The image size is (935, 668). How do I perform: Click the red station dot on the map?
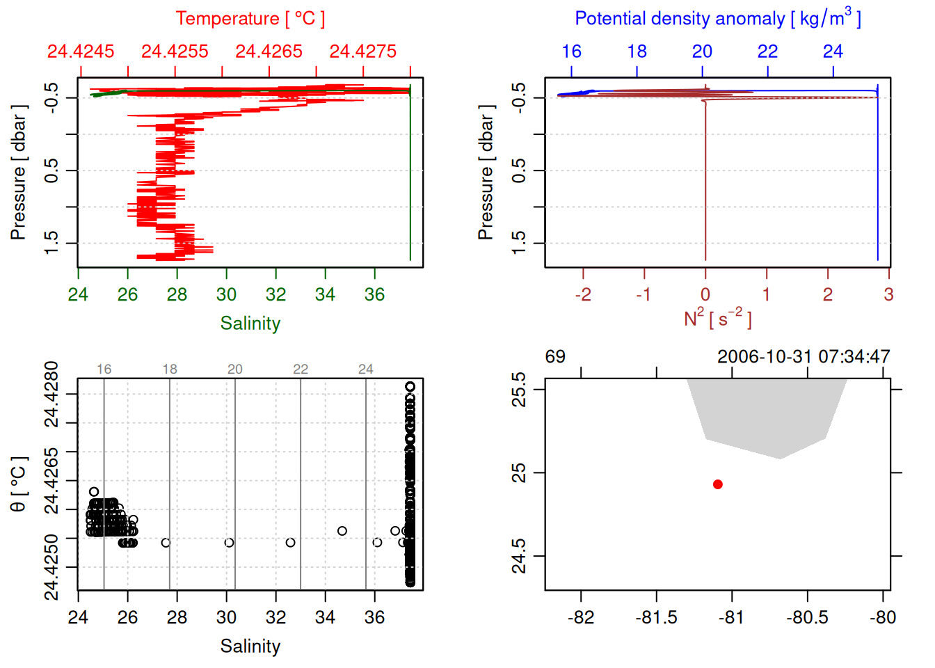tap(717, 484)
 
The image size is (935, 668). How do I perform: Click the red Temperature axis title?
tap(250, 19)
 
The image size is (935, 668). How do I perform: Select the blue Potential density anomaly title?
tap(717, 18)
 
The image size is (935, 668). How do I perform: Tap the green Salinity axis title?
tap(250, 324)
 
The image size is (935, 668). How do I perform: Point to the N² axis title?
tap(717, 318)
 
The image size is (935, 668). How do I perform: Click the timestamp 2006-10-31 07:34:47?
tap(804, 357)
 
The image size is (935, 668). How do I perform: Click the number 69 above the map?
tap(555, 357)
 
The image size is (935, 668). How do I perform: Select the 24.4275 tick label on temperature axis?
tap(362, 51)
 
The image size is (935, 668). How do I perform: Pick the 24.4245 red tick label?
tap(81, 51)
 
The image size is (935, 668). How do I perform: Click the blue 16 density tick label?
tap(571, 51)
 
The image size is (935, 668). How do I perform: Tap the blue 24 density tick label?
tap(833, 51)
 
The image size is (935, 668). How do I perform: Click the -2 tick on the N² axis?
tap(583, 294)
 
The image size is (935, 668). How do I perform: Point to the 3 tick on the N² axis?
tap(888, 294)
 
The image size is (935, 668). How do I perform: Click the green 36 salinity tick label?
tap(374, 294)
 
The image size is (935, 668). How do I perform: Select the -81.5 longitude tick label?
tap(656, 617)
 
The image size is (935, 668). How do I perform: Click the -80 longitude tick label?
tap(883, 617)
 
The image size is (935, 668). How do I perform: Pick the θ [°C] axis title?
tap(18, 484)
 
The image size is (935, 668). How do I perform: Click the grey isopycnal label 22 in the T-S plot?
tap(301, 369)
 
